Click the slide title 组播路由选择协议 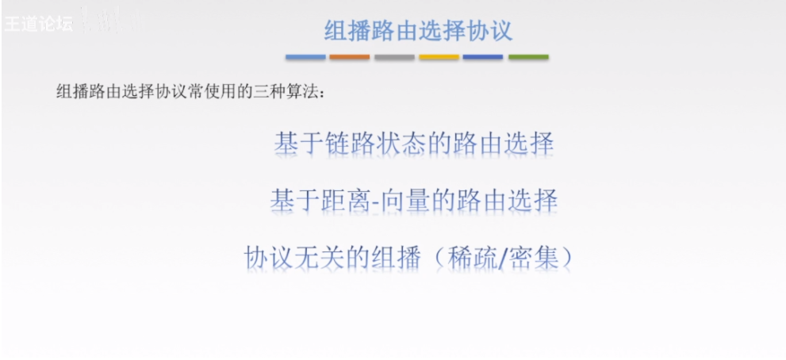[x=418, y=31]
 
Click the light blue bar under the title [x=305, y=57]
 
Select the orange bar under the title [x=350, y=57]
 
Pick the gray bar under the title [x=394, y=57]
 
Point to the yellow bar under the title [x=439, y=57]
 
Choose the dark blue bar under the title [x=483, y=57]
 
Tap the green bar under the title [x=528, y=57]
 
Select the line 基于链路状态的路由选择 [x=413, y=144]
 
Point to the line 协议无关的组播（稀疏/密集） [x=408, y=257]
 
